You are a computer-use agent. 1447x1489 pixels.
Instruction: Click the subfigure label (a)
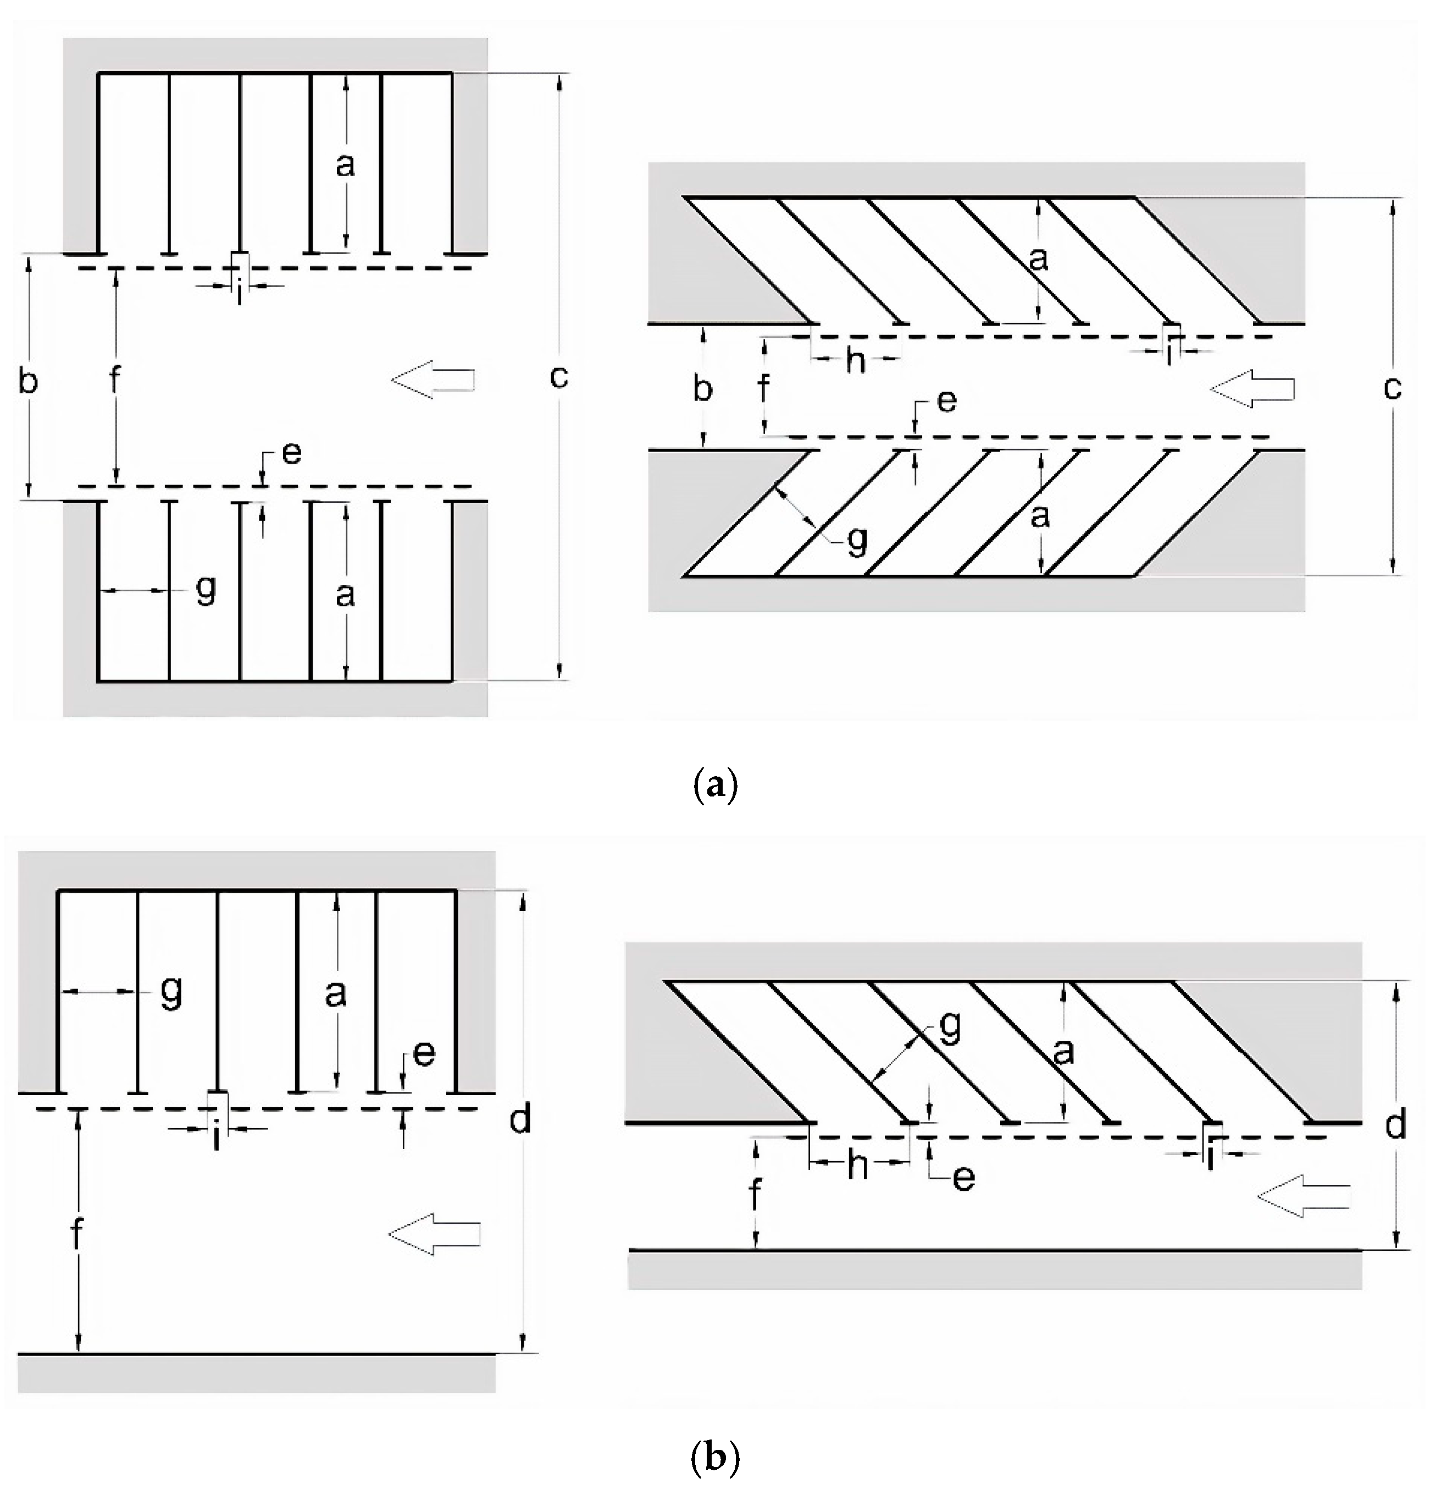(715, 785)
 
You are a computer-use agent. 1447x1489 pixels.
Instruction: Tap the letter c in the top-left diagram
(558, 376)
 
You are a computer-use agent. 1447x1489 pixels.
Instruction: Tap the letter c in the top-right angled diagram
(1391, 388)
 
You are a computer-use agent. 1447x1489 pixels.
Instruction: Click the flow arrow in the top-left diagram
(433, 379)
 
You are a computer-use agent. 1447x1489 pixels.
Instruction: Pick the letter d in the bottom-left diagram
(520, 1119)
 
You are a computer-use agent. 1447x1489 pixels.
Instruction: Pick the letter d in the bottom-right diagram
(1395, 1125)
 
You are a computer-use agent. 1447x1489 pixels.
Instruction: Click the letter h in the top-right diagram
(856, 361)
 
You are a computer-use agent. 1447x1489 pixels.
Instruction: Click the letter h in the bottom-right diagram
(858, 1164)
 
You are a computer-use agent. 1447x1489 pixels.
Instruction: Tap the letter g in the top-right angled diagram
(857, 541)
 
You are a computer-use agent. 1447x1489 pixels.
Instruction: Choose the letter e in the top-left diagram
(291, 453)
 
